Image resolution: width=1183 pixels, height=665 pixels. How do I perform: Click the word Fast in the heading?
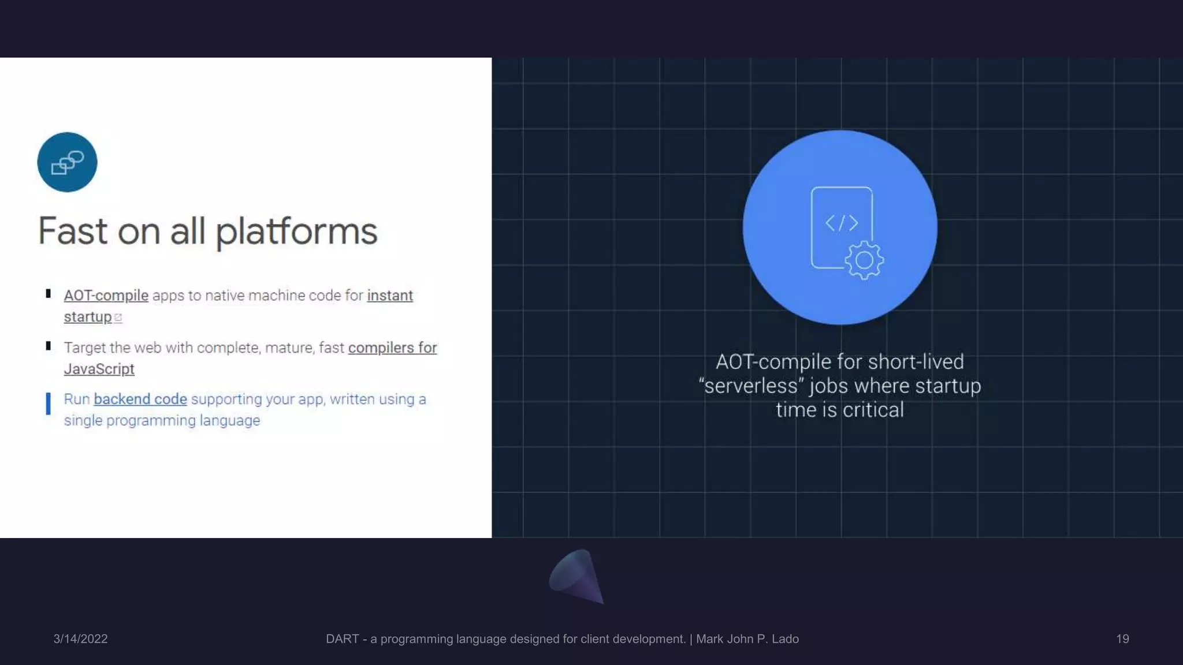pos(73,231)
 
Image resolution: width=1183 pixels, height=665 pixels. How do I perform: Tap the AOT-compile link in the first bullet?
pos(106,296)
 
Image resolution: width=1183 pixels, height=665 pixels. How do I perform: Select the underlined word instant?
pos(390,296)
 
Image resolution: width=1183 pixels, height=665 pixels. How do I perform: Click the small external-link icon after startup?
pos(118,317)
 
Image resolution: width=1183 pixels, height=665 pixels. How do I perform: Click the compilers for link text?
pos(392,348)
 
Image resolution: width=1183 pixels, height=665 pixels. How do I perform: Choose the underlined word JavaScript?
pos(99,369)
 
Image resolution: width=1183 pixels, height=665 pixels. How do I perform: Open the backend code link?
pos(140,399)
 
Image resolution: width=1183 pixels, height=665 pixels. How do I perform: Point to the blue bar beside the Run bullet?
pos(49,404)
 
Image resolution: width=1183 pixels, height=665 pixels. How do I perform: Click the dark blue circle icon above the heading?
pos(67,162)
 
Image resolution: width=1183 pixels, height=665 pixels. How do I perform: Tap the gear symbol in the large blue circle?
pos(864,260)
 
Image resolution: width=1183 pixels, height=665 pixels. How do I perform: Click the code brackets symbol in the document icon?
pos(841,223)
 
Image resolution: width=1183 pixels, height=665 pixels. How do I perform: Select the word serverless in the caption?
pos(750,386)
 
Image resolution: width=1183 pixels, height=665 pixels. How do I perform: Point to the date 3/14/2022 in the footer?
pos(80,639)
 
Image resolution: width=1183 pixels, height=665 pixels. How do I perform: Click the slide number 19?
pos(1122,639)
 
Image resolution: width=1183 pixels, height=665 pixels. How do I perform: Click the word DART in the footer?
pos(342,639)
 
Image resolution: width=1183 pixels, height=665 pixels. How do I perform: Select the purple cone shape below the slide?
pos(576,576)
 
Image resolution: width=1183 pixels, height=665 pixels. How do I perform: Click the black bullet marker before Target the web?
pos(49,346)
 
